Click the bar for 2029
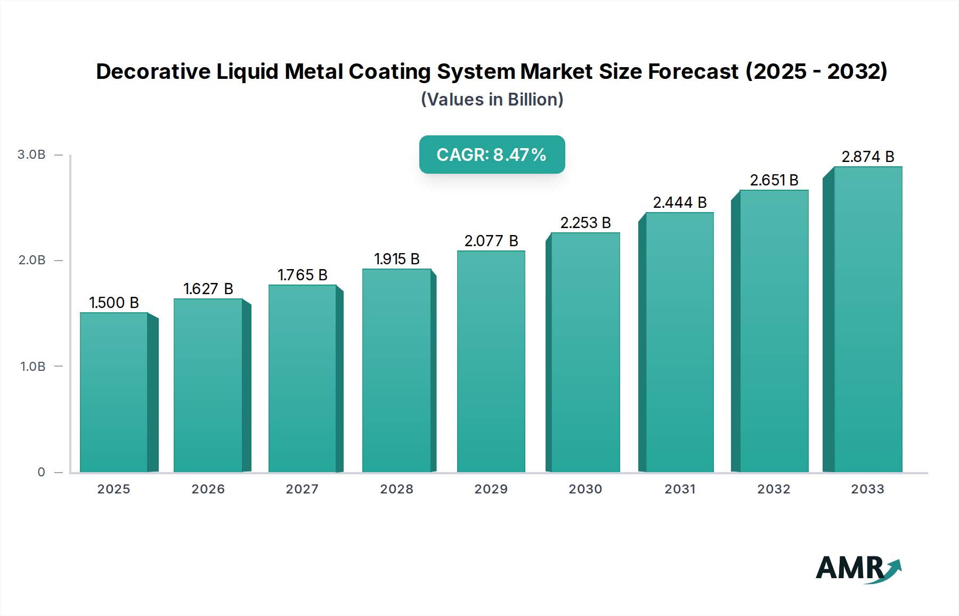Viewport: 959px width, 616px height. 491,361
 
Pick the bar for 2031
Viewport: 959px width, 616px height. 679,342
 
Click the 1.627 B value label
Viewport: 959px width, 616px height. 208,289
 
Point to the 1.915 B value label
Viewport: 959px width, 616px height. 397,259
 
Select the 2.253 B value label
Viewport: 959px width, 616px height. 586,223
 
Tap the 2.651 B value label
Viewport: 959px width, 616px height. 774,180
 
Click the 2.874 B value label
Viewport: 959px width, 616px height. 868,157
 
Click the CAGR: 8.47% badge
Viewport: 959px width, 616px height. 492,155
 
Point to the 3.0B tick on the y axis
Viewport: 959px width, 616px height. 31,155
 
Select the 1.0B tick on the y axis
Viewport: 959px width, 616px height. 32,367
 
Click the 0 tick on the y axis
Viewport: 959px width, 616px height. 41,472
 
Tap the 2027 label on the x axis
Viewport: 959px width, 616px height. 302,489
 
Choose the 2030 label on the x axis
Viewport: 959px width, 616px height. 586,489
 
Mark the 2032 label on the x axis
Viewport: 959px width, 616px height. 774,489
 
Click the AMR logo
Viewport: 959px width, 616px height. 858,569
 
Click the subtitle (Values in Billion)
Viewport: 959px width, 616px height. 492,99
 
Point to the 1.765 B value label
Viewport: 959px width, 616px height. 303,275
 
